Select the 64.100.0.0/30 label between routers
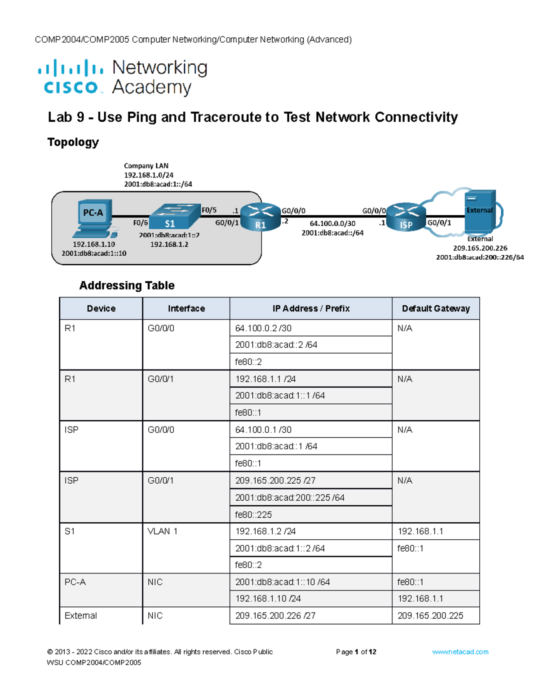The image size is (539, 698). (x=332, y=223)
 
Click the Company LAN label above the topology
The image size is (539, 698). (x=146, y=166)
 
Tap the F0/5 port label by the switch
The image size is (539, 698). (x=209, y=210)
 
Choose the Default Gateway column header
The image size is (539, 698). (x=435, y=308)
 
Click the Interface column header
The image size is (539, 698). (x=186, y=308)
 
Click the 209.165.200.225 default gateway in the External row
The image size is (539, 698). (x=430, y=616)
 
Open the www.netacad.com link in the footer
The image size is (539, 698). (x=460, y=652)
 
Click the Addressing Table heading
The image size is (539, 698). (x=127, y=285)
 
